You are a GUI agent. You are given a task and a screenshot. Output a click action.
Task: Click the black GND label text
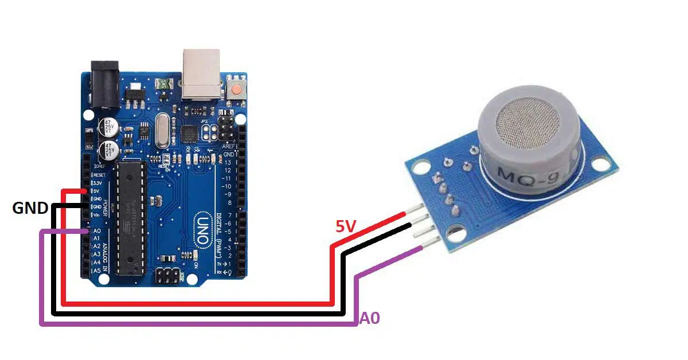(x=30, y=208)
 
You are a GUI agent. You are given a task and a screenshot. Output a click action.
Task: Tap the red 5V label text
(x=347, y=228)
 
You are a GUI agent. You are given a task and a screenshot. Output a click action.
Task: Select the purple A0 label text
(x=370, y=319)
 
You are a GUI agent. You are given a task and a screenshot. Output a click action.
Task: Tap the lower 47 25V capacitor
(x=108, y=151)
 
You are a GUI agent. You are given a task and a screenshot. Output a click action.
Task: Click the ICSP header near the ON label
(x=168, y=276)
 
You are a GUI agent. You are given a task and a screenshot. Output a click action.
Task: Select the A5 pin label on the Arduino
(x=97, y=270)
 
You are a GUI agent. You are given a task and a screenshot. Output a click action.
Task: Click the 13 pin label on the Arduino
(x=228, y=163)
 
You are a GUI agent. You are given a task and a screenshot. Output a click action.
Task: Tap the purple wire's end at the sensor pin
(x=422, y=248)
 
